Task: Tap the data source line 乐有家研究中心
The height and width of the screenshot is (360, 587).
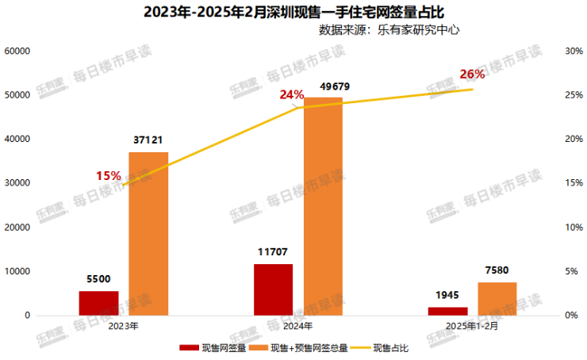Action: [x=389, y=30]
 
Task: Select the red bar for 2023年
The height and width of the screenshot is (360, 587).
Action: [x=98, y=303]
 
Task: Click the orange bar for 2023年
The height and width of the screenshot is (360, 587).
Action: [x=148, y=233]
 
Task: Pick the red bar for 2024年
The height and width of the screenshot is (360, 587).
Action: [x=274, y=289]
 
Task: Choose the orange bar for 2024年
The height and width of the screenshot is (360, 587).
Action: [x=323, y=206]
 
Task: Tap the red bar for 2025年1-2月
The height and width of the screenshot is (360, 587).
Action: [x=447, y=311]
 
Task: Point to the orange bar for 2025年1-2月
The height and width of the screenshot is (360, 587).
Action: [x=497, y=298]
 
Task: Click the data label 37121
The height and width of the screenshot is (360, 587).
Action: [x=148, y=140]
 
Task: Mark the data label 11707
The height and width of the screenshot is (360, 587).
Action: [x=274, y=252]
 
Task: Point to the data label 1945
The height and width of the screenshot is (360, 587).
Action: [x=447, y=295]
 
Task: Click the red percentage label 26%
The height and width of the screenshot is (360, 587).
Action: [x=472, y=75]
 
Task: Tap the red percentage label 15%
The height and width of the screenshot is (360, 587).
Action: [x=109, y=175]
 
